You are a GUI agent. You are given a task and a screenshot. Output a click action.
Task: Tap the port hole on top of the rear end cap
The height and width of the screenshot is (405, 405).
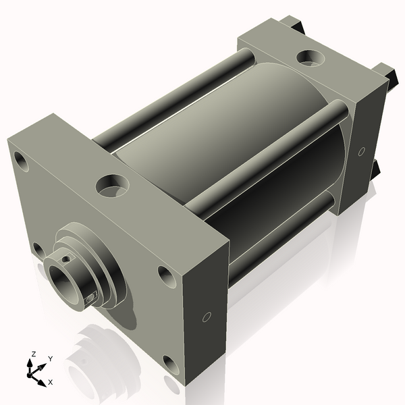pyautogui.click(x=311, y=57)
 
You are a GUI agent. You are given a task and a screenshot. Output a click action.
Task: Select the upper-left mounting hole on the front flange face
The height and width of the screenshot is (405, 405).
pyautogui.click(x=22, y=161)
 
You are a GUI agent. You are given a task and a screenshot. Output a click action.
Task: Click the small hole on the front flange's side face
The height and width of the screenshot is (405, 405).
pyautogui.click(x=207, y=317)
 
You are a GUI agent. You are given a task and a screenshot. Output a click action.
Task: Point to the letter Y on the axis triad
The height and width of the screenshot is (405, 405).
pyautogui.click(x=50, y=360)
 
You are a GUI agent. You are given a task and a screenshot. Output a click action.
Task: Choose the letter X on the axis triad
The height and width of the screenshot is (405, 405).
pyautogui.click(x=49, y=382)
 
